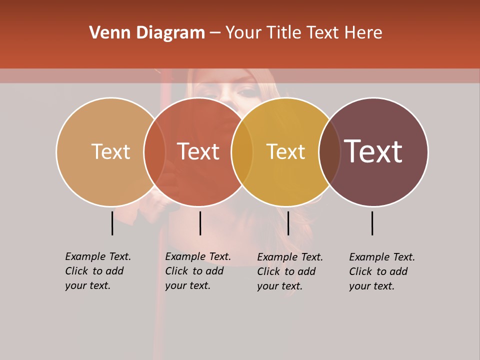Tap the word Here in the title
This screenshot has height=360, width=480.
363,33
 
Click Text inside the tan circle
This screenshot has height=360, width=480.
110,151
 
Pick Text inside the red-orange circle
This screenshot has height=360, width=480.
198,151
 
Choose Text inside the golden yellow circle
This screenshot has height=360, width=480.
285,151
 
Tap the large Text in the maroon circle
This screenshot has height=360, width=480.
373,151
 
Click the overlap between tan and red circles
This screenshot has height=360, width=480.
154,152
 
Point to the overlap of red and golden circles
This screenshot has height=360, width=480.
242,152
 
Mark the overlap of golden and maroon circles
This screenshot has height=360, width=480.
329,152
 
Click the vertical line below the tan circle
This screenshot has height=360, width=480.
112,223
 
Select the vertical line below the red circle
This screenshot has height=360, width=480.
200,223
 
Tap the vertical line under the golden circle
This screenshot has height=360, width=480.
288,223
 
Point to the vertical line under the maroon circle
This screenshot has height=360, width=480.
372,223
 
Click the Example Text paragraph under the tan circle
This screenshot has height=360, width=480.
97,271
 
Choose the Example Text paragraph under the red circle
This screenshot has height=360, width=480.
197,271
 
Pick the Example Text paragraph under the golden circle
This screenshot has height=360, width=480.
289,271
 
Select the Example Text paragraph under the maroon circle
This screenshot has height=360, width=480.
381,271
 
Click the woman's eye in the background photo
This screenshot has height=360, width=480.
246,92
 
